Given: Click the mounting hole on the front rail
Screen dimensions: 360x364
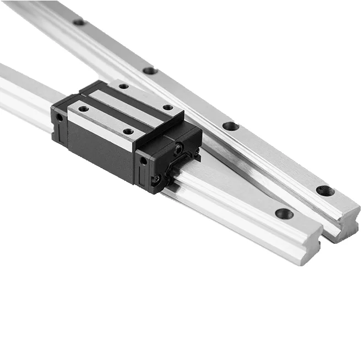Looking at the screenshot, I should click(x=284, y=213).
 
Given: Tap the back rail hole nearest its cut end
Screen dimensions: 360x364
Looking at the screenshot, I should click(x=325, y=191).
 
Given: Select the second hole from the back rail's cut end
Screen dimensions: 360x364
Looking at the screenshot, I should click(x=231, y=126).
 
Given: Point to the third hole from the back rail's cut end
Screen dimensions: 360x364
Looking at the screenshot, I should click(x=150, y=71).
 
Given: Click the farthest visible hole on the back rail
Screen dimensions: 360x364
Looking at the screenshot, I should click(x=79, y=22).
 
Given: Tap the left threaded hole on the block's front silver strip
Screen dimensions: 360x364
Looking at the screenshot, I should click(x=83, y=109).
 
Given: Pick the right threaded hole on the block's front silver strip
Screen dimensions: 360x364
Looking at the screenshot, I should click(x=128, y=132).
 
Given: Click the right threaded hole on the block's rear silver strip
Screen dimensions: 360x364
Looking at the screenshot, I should click(x=167, y=108).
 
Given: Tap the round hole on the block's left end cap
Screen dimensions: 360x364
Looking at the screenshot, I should click(x=59, y=117).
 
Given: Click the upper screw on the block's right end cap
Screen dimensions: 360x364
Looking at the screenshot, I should click(x=179, y=148).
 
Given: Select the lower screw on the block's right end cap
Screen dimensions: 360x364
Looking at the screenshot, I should click(x=157, y=179).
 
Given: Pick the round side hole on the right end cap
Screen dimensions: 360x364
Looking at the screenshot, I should click(x=144, y=161).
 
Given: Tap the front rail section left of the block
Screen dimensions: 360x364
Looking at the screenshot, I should click(x=22, y=94).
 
